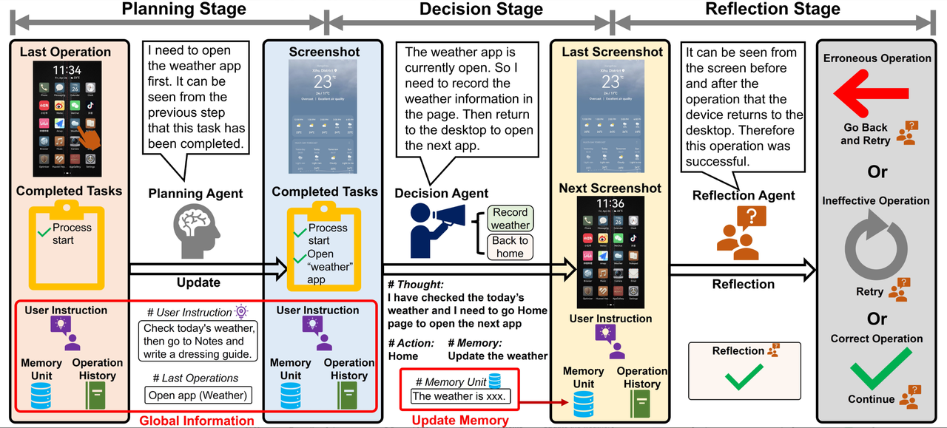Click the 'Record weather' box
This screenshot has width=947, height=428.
click(x=510, y=219)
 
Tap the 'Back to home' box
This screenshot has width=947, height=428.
click(x=510, y=246)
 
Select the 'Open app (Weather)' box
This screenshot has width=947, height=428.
click(x=198, y=395)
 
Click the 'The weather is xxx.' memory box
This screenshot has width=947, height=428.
click(x=459, y=396)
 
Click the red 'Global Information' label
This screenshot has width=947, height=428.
click(x=197, y=421)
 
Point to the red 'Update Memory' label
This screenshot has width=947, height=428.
click(x=459, y=421)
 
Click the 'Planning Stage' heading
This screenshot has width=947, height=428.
click(x=183, y=10)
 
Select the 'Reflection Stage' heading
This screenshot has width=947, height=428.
click(x=772, y=10)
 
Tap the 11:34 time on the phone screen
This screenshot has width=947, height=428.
click(x=67, y=71)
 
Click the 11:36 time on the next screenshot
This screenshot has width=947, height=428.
click(x=611, y=204)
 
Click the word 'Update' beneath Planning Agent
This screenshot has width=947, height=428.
click(x=198, y=282)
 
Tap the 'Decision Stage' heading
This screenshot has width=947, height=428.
click(x=481, y=10)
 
